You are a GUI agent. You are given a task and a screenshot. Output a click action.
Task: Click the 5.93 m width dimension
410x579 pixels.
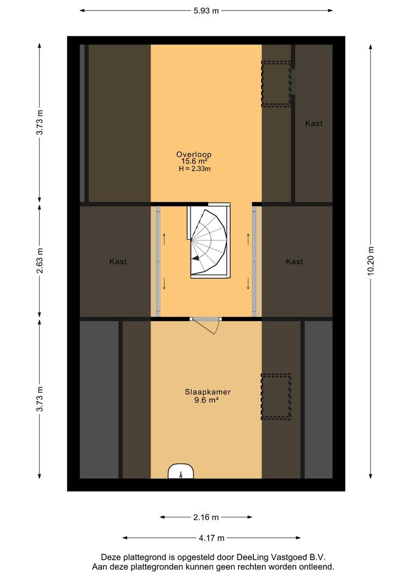coord(206,11)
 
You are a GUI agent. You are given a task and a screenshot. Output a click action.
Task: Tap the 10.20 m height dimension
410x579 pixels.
coord(371,261)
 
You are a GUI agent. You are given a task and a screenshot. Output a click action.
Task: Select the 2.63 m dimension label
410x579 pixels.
coord(40,261)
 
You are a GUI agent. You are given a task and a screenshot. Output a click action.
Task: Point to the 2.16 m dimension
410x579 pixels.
coord(206,517)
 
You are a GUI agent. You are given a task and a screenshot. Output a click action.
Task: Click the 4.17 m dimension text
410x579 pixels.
coord(211,538)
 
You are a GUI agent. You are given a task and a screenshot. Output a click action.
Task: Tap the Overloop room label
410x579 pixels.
coord(194,155)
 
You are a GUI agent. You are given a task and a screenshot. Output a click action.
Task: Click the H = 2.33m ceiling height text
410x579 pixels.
coord(194,169)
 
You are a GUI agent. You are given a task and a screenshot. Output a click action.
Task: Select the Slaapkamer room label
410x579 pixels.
coord(208,392)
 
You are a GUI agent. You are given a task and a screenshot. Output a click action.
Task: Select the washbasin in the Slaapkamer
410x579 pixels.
coord(181,471)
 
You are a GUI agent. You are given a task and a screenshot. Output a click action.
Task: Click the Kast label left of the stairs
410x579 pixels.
coord(118,262)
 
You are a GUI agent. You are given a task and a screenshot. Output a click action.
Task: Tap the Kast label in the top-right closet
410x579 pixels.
coord(314,123)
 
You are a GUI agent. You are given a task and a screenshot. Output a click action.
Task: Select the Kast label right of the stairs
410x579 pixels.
coord(295,262)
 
